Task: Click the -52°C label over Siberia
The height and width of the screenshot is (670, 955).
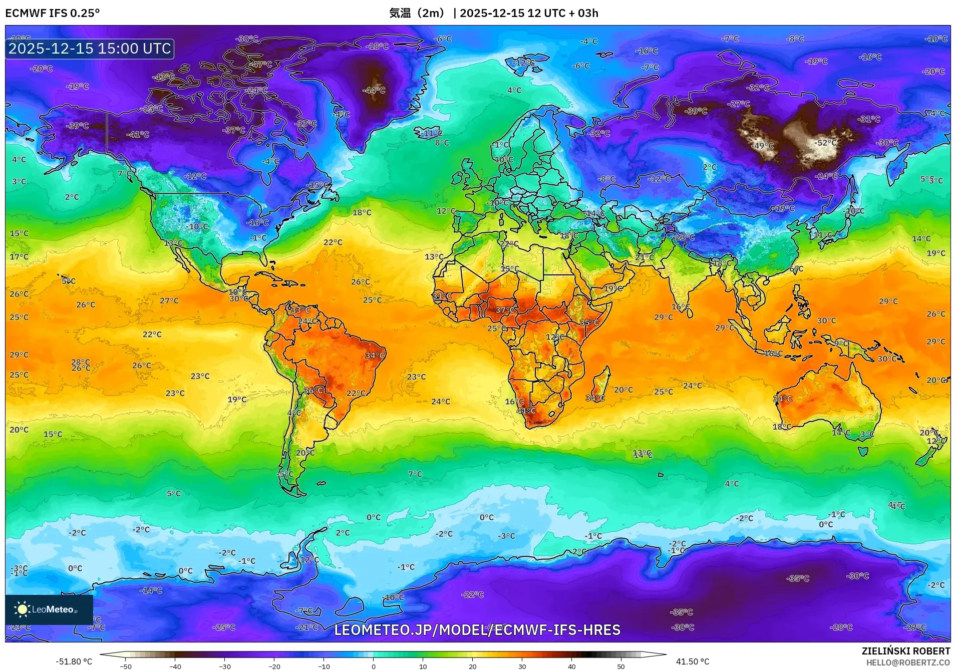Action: coord(826,143)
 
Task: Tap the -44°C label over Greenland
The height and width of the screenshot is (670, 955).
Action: coord(374,91)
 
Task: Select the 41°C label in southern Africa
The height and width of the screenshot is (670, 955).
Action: coord(526,411)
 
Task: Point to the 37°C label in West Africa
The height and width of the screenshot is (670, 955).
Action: coord(505,310)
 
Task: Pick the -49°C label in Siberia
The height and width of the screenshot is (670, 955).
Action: coord(763,146)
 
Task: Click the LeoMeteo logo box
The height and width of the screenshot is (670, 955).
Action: coord(49,609)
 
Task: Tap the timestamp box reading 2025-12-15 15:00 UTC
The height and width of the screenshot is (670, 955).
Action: coord(90,49)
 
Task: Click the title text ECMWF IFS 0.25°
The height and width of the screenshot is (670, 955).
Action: coord(53,13)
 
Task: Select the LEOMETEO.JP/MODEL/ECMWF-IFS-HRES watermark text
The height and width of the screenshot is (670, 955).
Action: coord(477,630)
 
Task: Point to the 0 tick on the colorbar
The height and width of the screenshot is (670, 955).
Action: coord(374,666)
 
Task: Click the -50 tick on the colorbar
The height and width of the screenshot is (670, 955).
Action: coord(126,666)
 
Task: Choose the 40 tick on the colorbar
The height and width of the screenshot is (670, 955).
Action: coord(571,666)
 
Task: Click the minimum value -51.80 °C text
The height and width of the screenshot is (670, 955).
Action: coord(74,661)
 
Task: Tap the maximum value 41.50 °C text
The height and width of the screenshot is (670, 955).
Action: coord(692,661)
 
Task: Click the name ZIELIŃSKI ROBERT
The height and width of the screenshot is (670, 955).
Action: coord(905,651)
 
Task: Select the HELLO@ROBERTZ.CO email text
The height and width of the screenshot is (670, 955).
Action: coord(908,662)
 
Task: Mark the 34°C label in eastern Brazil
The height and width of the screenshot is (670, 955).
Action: coord(375,356)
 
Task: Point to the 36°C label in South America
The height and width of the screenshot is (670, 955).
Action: coord(313,391)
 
